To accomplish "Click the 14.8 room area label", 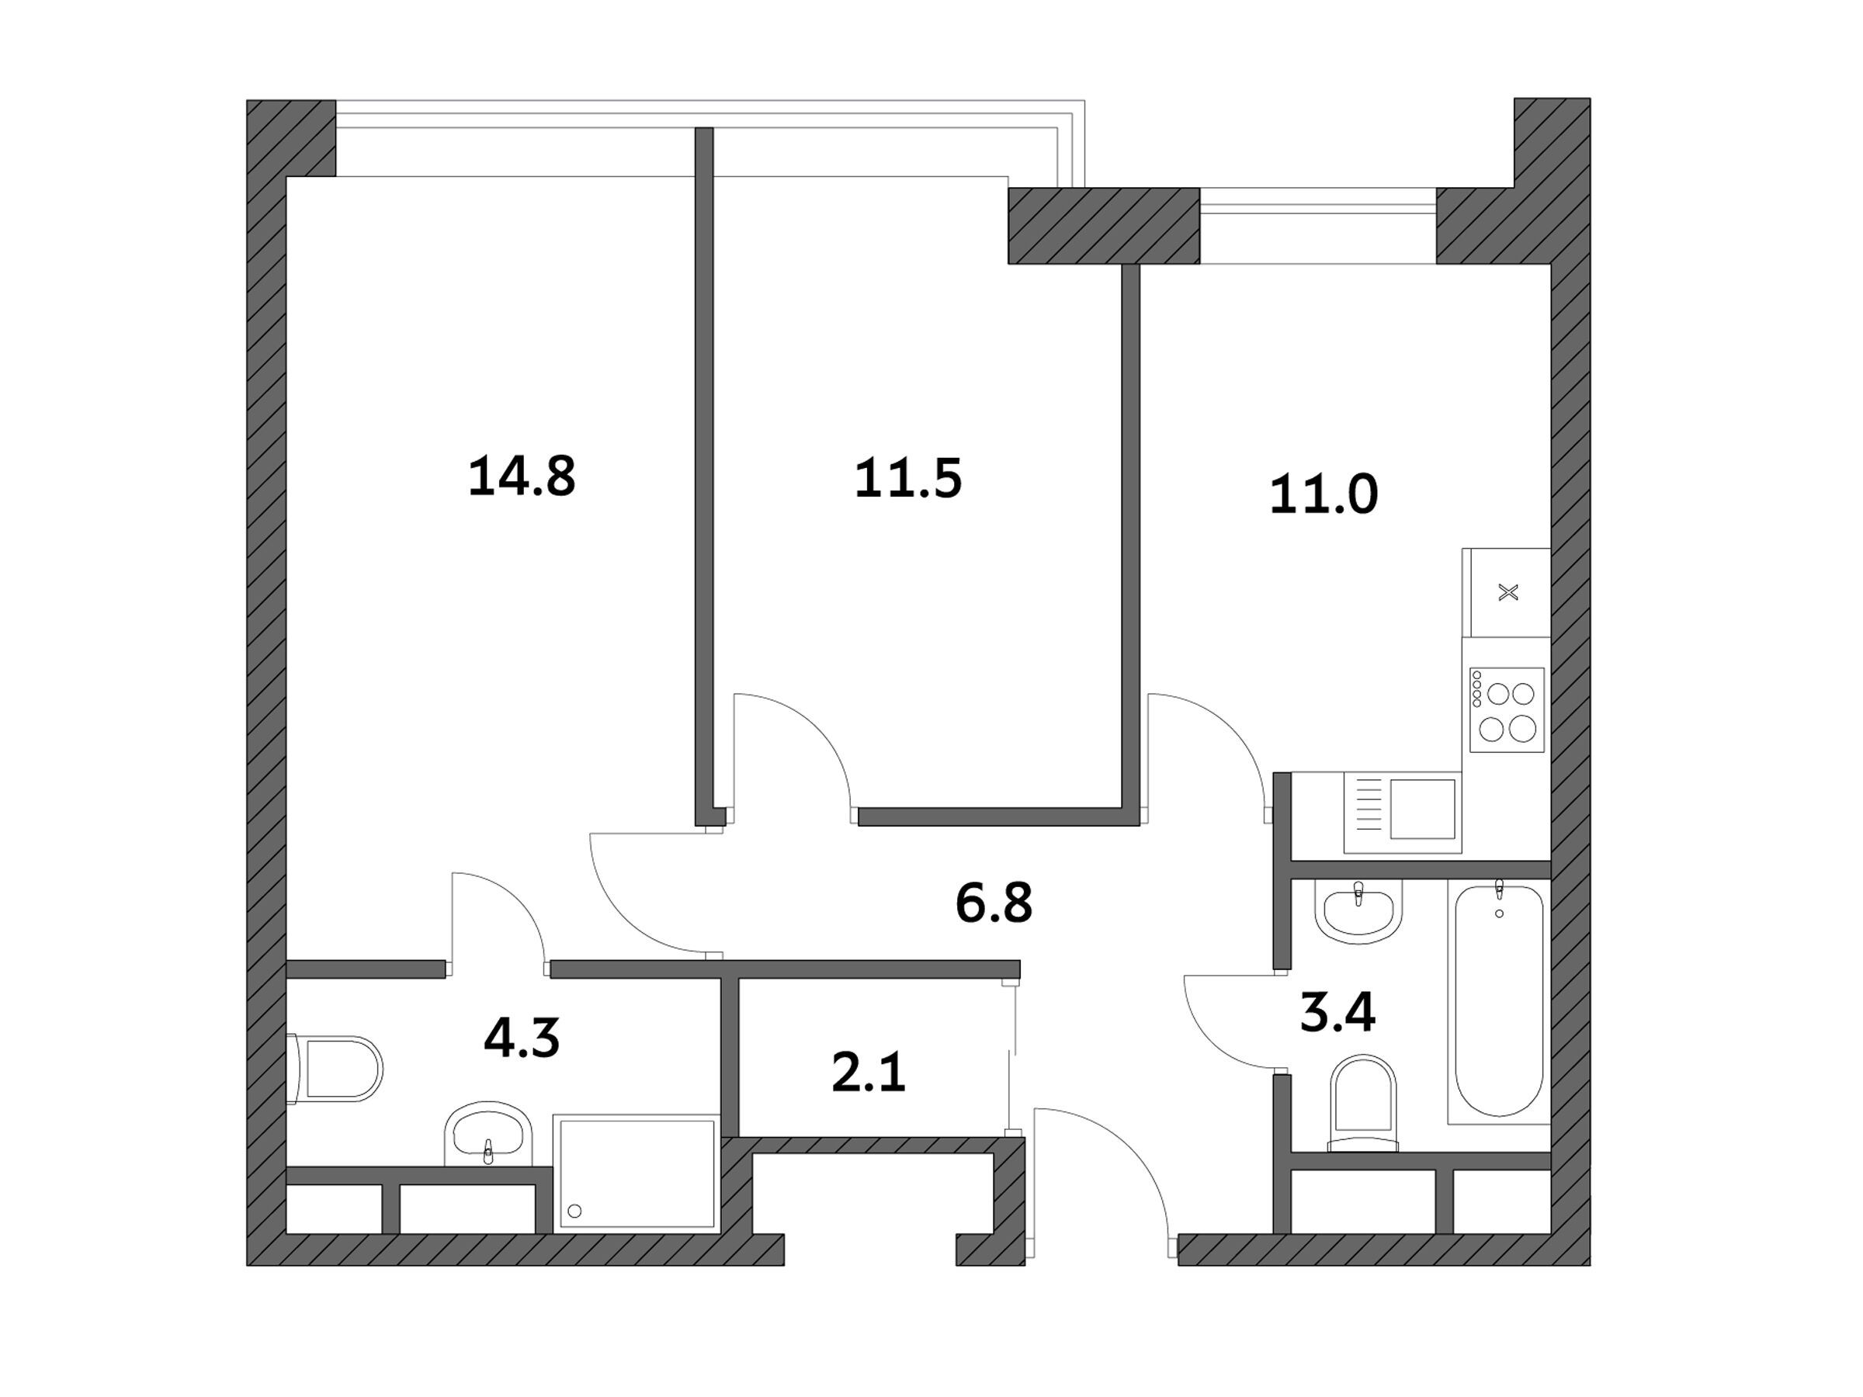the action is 522,476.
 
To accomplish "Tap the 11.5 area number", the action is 908,478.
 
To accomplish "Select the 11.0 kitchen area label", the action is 1324,494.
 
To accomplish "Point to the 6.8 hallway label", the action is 994,903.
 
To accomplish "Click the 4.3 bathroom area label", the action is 522,1038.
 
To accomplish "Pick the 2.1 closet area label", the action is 869,1074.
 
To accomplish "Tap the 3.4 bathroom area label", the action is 1337,1012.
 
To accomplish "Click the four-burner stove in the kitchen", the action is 1507,710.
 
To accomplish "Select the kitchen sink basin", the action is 1423,809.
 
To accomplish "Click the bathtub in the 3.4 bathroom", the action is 1499,1000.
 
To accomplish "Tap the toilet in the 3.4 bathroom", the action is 1363,1104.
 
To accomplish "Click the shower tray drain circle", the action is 575,1211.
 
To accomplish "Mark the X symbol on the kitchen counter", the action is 1508,593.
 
